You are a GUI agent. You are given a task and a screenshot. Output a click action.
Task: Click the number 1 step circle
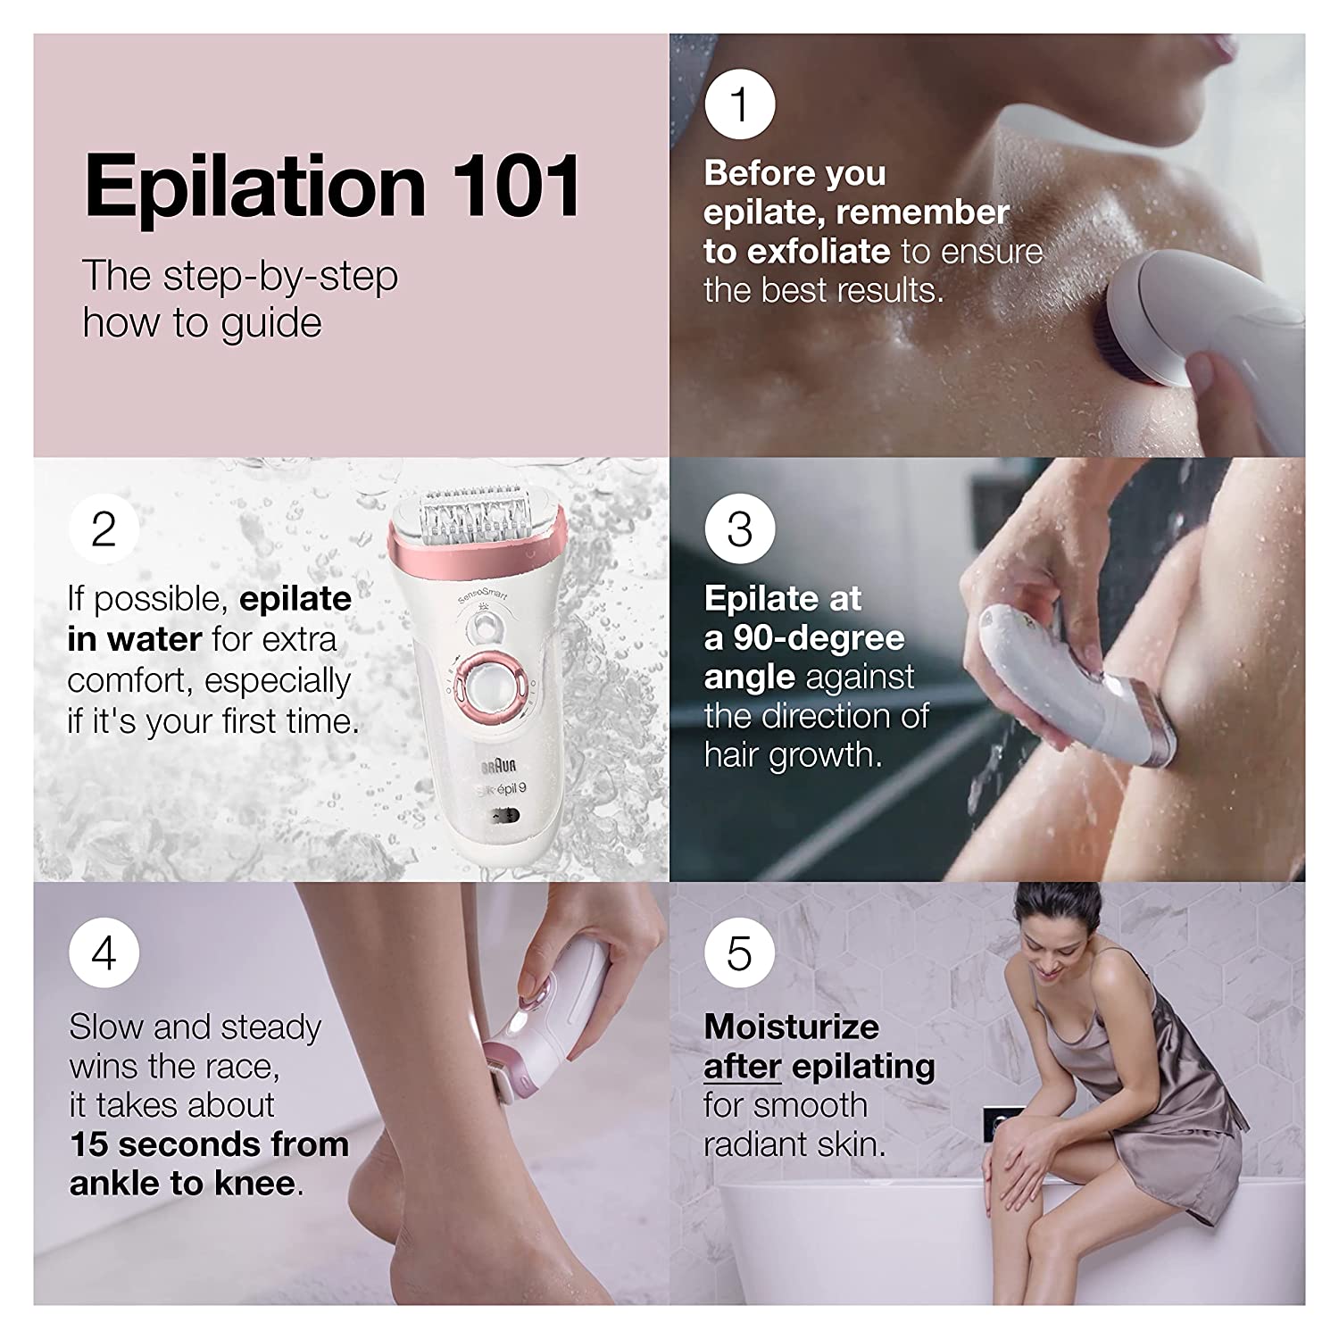(740, 104)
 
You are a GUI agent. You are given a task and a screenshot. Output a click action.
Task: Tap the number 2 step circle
(104, 528)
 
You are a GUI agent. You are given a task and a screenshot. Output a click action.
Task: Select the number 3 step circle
(740, 528)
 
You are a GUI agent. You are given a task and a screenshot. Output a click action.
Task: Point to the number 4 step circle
(104, 953)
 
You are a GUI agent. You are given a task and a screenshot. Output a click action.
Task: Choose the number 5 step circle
(740, 953)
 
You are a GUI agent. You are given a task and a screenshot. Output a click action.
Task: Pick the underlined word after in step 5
(743, 1066)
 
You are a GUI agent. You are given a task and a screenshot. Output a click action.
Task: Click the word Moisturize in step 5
(791, 1027)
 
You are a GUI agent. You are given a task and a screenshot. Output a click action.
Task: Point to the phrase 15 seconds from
(209, 1144)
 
